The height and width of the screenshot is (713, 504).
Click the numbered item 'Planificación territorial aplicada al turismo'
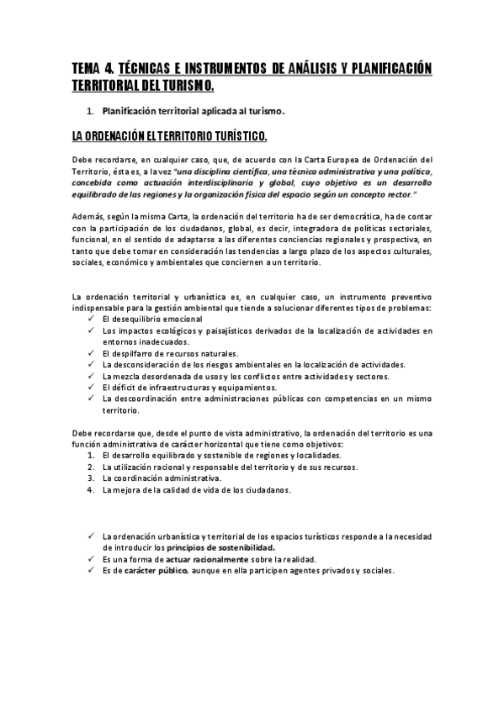coord(194,110)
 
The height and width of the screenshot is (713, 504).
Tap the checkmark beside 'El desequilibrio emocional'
coord(90,320)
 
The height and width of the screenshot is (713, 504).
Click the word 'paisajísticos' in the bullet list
coord(220,331)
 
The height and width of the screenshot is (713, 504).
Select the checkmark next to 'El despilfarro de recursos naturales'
coord(90,353)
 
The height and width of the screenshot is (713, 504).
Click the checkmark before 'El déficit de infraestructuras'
coord(90,387)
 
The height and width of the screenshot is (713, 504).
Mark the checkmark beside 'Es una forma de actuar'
coord(90,558)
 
